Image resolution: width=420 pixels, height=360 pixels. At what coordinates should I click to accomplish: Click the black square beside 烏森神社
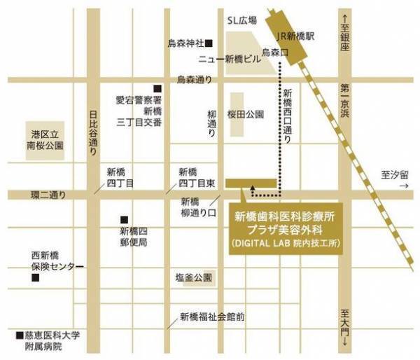click(208, 43)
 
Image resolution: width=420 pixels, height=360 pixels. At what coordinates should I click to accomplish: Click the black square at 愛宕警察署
click(157, 88)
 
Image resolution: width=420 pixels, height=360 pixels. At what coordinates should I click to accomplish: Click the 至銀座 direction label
click(344, 32)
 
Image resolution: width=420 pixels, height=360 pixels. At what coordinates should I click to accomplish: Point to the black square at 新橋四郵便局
click(124, 219)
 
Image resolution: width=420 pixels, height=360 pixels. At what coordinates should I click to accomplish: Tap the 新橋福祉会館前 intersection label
click(211, 316)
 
